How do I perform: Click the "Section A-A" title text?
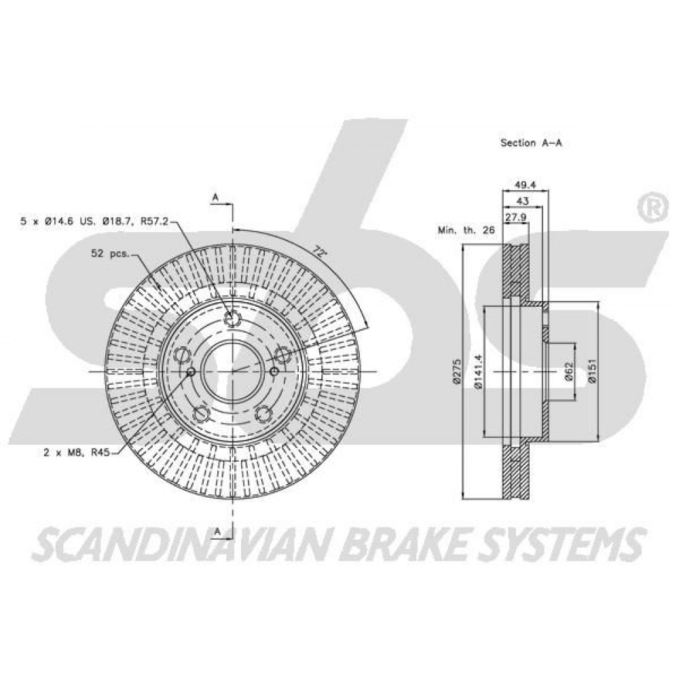[531, 143]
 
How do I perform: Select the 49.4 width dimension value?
[526, 185]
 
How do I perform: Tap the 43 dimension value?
[523, 202]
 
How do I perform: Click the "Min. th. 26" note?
[466, 230]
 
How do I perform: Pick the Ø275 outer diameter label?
[456, 371]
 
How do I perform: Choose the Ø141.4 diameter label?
[477, 371]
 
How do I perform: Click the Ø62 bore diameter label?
[569, 371]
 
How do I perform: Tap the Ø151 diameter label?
[592, 371]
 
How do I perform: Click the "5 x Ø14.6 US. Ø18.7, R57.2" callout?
[94, 221]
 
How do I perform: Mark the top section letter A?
[216, 198]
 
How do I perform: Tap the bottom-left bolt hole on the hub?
[201, 414]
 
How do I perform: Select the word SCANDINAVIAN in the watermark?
[183, 543]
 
